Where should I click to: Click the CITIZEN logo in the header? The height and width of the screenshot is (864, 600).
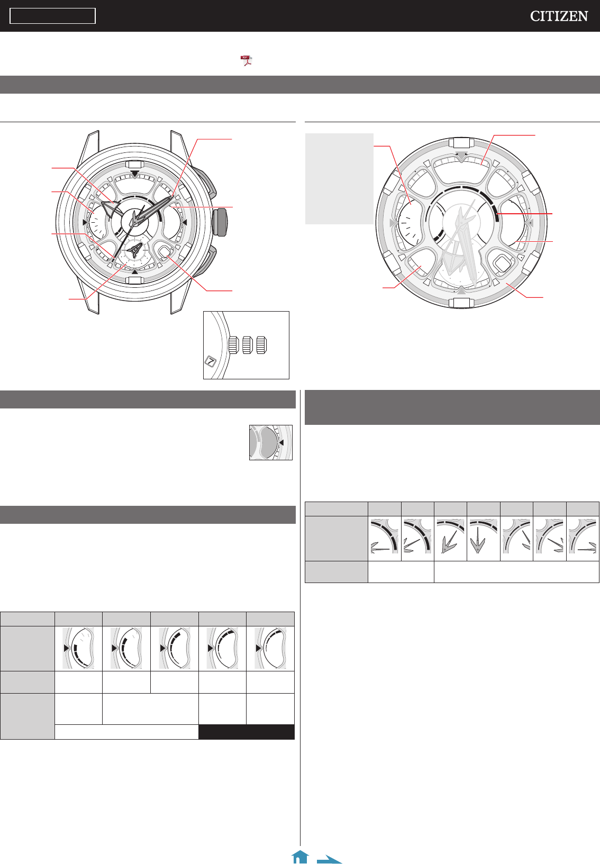[559, 16]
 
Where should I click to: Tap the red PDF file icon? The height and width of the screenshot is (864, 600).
[246, 60]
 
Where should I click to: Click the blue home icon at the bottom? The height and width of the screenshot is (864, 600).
[301, 857]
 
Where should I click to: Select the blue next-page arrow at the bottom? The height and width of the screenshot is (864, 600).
[329, 859]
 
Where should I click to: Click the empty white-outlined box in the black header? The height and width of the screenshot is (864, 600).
[52, 16]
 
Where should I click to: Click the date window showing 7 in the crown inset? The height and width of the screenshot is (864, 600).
[210, 361]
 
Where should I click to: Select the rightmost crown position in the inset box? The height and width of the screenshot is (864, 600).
[262, 345]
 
